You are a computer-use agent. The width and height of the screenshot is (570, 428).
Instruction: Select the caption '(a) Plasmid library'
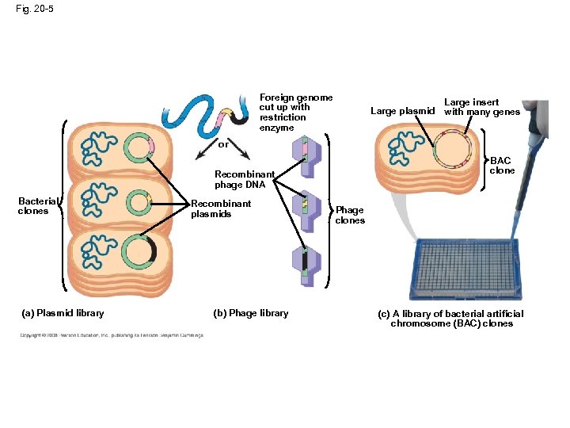(63, 313)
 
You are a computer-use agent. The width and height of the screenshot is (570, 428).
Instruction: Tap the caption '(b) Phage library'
(251, 313)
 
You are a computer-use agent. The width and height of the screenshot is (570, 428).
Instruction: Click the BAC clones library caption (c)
(450, 319)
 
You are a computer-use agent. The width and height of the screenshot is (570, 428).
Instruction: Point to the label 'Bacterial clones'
(34, 206)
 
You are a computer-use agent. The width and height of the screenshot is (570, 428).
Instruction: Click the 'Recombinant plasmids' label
(221, 209)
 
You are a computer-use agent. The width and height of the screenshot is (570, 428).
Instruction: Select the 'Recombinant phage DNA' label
(245, 180)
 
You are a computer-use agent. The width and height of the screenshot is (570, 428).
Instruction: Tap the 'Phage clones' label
(350, 215)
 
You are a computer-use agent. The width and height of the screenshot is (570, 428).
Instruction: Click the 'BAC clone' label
(502, 166)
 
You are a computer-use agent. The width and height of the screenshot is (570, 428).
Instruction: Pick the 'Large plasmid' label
(402, 111)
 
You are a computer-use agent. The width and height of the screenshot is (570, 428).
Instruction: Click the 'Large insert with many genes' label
(481, 107)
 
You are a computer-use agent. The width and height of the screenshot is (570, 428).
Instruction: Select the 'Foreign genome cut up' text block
(295, 113)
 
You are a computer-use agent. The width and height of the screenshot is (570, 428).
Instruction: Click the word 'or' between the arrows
(223, 145)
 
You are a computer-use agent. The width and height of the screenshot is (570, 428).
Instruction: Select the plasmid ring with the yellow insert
(139, 203)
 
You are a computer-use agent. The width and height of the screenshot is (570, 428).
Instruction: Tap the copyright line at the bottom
(111, 335)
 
